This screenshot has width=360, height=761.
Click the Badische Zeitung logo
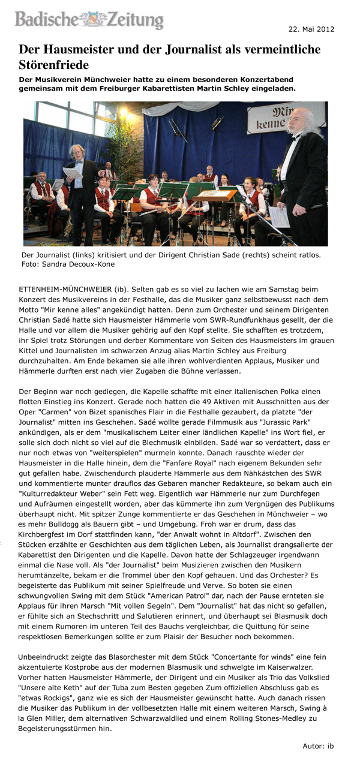tap(89, 19)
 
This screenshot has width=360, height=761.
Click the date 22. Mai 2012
tap(311, 29)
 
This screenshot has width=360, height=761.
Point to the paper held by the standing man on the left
tap(72, 172)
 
